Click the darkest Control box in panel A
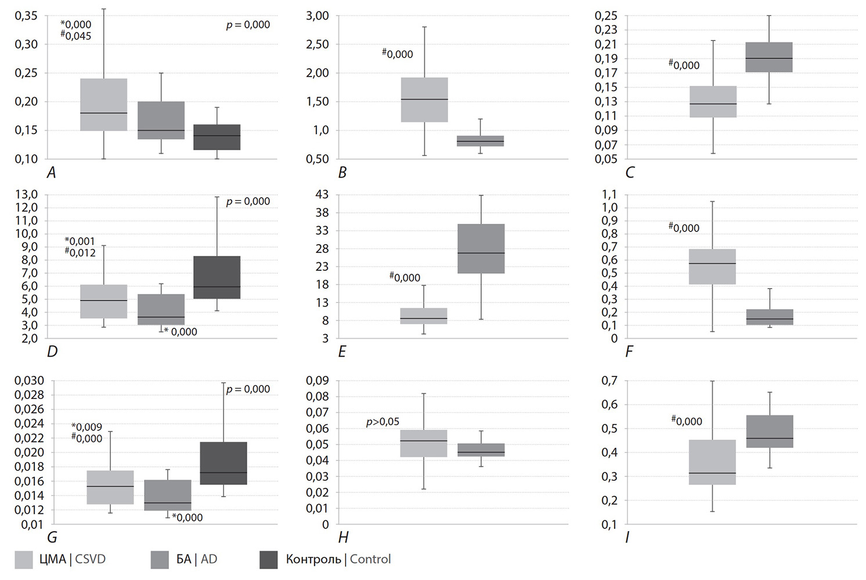(x=217, y=137)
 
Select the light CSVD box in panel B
(x=424, y=100)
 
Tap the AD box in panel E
(x=481, y=248)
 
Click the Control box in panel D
(x=217, y=277)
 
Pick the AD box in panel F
(x=770, y=317)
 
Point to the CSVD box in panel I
(x=712, y=462)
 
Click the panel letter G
(x=52, y=538)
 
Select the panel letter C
(x=630, y=172)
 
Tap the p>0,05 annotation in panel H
(x=383, y=422)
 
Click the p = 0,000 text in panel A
(x=248, y=25)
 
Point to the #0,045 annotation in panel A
(x=76, y=36)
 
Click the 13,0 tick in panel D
(x=27, y=194)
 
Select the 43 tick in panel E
(x=322, y=194)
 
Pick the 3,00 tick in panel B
(x=317, y=16)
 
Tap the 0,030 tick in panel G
(x=29, y=380)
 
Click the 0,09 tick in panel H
(x=317, y=380)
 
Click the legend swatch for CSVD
(x=24, y=560)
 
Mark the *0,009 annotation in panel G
(x=86, y=427)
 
